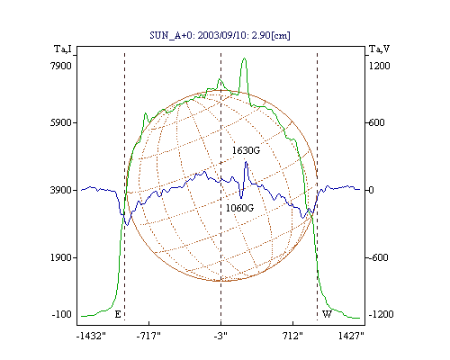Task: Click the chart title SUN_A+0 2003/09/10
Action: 220,35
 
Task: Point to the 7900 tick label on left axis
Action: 61,66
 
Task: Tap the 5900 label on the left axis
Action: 61,122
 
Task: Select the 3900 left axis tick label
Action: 61,190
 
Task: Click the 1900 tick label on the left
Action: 61,257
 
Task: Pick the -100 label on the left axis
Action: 62,314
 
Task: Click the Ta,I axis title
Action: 63,49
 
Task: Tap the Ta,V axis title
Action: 379,49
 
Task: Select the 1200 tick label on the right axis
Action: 379,66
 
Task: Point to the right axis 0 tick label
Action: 371,190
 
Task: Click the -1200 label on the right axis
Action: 381,314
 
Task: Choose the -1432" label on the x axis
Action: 91,336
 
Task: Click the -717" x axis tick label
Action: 148,336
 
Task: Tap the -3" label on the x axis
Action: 220,336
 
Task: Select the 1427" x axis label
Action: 351,336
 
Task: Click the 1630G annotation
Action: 246,150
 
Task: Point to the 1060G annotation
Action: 239,208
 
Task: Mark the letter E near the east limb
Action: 118,314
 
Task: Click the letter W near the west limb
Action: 327,314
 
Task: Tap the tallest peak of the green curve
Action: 244,58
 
